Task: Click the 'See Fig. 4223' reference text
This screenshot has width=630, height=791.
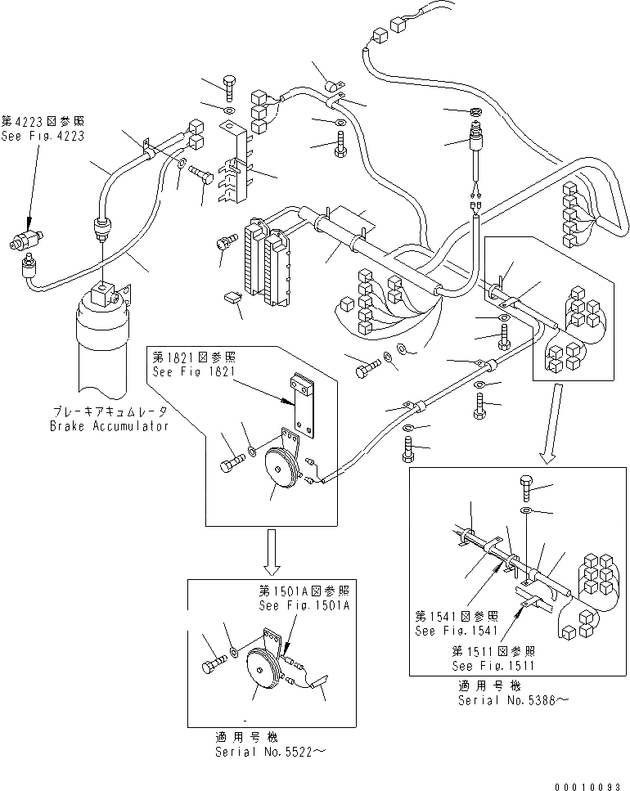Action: (43, 137)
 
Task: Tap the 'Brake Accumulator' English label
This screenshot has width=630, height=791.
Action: (109, 426)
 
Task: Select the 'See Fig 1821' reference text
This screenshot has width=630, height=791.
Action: (194, 372)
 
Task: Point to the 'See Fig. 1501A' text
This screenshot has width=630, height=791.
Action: (304, 605)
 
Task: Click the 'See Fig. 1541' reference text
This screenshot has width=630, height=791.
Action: (457, 631)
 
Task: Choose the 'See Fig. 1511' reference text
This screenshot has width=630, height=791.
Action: (493, 666)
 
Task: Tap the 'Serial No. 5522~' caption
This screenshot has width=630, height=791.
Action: (270, 753)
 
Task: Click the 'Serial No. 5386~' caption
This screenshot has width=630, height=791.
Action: (514, 700)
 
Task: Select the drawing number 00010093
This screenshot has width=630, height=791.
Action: (588, 786)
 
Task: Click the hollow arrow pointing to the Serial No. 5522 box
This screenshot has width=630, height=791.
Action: (272, 552)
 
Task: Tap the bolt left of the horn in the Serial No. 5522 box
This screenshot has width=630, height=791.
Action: (213, 663)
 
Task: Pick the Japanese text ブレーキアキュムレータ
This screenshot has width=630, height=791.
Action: (110, 411)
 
